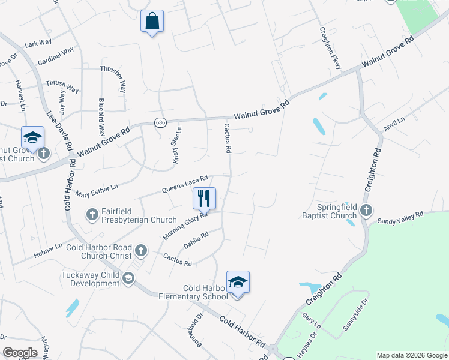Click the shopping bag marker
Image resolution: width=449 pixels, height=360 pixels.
point(152,22)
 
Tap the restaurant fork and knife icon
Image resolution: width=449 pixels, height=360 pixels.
point(204,198)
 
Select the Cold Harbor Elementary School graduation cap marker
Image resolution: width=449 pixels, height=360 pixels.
point(238,282)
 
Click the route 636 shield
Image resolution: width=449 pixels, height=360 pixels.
point(160,122)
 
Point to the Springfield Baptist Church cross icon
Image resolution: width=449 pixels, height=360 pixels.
point(367,211)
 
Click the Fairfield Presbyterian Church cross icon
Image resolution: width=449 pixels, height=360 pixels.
point(92,214)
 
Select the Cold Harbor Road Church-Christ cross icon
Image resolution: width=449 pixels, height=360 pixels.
point(140,250)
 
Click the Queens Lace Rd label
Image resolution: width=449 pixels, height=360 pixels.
point(185,184)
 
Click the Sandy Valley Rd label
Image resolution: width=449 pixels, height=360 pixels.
point(400,217)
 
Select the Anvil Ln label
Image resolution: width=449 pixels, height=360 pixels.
point(394,124)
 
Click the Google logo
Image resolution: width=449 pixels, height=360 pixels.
point(20,353)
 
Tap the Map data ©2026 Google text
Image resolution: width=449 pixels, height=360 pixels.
point(411,355)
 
